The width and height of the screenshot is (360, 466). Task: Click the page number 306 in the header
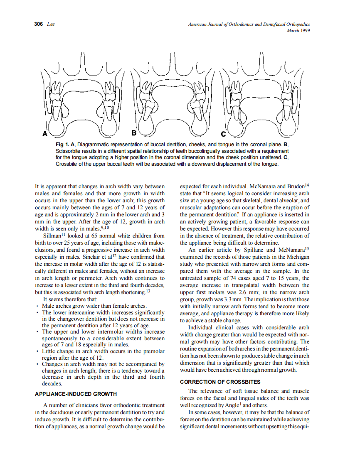39,25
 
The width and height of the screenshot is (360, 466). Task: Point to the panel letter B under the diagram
134,133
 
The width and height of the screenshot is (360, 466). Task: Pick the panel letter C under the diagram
223,134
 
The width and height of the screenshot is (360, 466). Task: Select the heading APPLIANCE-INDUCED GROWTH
76,394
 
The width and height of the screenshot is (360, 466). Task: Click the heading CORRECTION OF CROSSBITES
220,382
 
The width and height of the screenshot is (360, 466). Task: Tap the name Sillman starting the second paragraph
52,236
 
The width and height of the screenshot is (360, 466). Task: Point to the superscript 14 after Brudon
307,184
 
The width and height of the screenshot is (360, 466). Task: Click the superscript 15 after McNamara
307,248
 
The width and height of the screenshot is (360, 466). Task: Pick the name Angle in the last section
229,405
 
